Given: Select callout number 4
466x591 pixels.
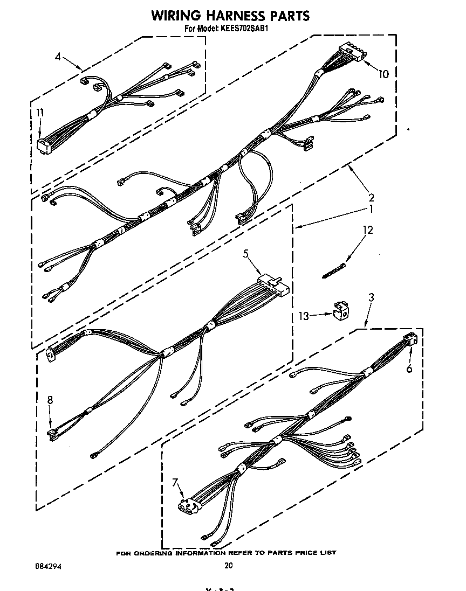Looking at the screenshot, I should [58, 57].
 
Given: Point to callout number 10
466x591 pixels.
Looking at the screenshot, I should [383, 74].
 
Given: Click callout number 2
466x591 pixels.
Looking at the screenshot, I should [371, 197].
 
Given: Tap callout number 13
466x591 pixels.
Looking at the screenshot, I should [304, 316].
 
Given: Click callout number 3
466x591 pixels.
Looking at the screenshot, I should [371, 297].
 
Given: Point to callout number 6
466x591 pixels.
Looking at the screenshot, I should [409, 368].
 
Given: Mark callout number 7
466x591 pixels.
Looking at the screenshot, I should [175, 482].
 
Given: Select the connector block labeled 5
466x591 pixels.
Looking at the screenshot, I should [274, 283].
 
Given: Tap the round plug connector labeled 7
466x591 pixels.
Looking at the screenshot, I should [186, 506].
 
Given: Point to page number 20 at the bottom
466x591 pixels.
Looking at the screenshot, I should [228, 566].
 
